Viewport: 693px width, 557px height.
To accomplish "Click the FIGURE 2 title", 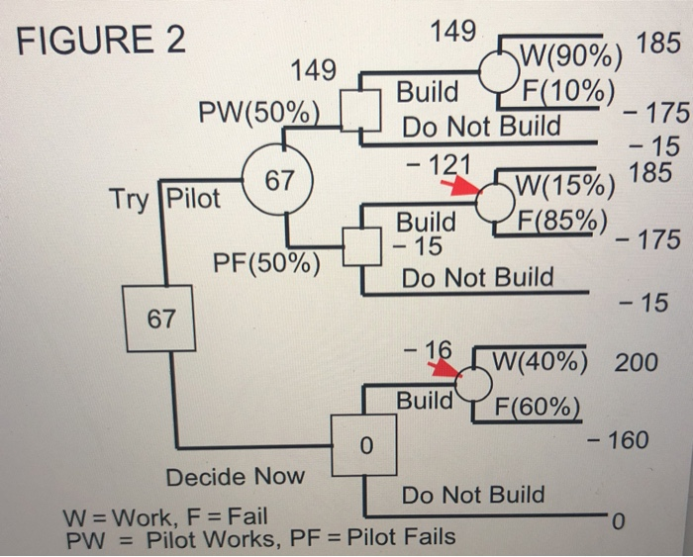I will coord(102,43).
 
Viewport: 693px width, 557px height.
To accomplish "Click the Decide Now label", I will coord(235,477).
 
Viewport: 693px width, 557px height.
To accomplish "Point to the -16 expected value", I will coord(428,349).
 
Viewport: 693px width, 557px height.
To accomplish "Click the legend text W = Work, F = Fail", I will coord(164,516).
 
